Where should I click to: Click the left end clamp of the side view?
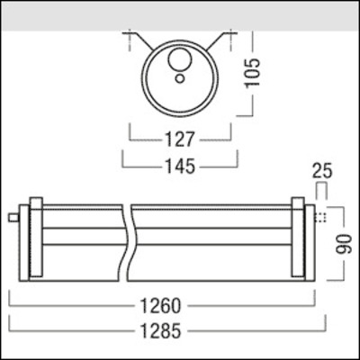(35, 238)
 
